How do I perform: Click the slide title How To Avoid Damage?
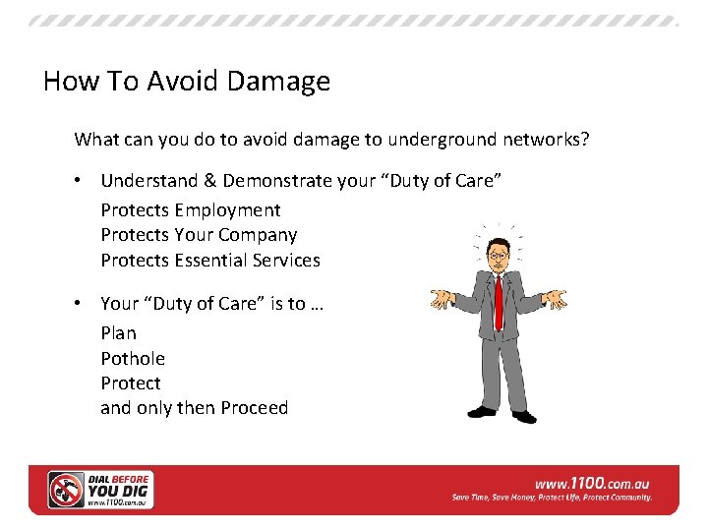coord(187,81)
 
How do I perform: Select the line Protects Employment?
coord(190,209)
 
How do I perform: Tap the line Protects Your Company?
coord(198,235)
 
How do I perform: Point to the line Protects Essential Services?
coord(209,261)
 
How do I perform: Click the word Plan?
coord(118,333)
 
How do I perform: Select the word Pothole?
coord(132,359)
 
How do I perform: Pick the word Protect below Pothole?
coord(130,383)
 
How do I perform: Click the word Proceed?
coord(254,408)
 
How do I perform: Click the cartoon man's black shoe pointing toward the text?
coord(482,411)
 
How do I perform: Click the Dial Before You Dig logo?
coord(100,489)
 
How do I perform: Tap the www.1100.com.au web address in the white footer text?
coord(591,484)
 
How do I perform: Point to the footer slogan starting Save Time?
coord(552,499)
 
